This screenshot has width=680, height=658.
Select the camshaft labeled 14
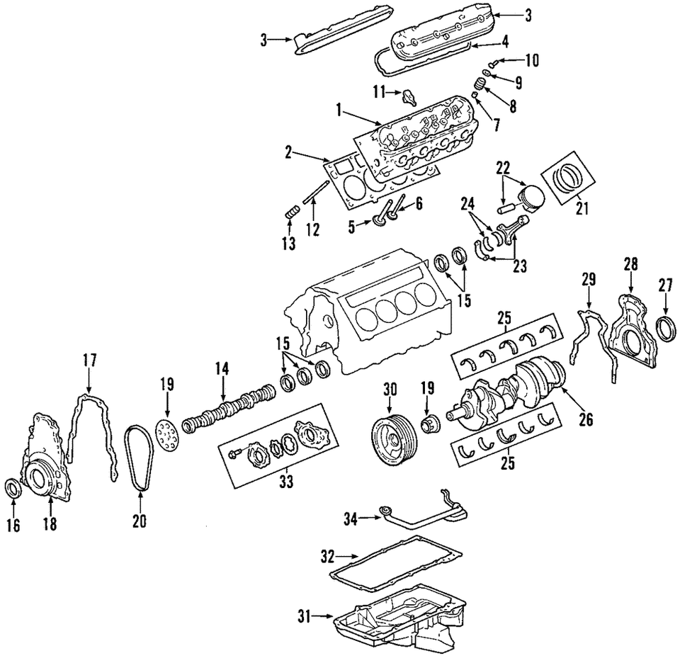pos(227,409)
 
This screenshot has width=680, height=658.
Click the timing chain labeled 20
pos(138,460)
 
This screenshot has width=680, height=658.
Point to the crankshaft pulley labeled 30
pos(390,440)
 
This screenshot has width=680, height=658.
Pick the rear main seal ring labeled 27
pos(667,329)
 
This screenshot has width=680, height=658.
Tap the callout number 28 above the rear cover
pos(630,265)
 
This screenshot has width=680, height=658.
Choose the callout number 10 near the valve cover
pos(532,59)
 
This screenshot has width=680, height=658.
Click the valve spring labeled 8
pos(480,87)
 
